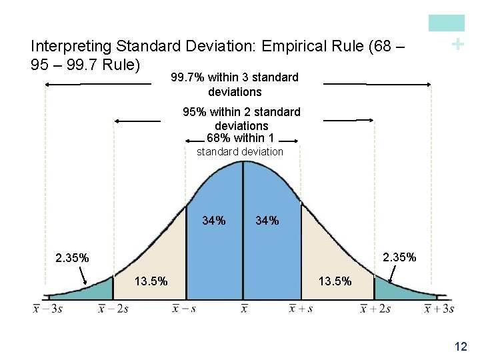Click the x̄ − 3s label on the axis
coord(47,309)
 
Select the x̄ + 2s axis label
coord(375,309)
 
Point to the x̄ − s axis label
coord(184,309)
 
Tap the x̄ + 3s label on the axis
coord(439,309)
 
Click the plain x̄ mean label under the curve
coord(244,309)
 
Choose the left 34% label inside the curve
coord(213,221)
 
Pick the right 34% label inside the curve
coord(267,221)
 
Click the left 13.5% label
coord(151,281)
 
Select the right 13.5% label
coord(335,281)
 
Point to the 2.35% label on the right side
coord(399,256)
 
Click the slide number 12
coord(460,346)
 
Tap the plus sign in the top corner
coord(457,45)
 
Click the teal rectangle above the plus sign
coord(446,23)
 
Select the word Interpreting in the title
coord(71,46)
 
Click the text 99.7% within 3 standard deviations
coord(235,85)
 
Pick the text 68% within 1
coord(241,138)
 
